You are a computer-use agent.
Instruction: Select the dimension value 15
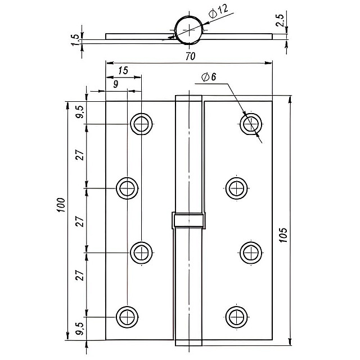point(123,71)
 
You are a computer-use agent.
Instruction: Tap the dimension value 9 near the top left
point(115,84)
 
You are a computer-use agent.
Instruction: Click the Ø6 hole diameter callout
point(209,77)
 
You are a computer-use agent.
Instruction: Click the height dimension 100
point(61,208)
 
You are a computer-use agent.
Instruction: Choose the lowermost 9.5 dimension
point(80,328)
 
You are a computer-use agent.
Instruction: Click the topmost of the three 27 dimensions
point(80,155)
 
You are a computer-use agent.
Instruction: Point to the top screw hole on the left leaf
point(141,124)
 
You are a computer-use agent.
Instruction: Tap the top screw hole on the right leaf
point(250,124)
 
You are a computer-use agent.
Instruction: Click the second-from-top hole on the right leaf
point(236,188)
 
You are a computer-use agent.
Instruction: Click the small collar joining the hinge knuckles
point(188,220)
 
